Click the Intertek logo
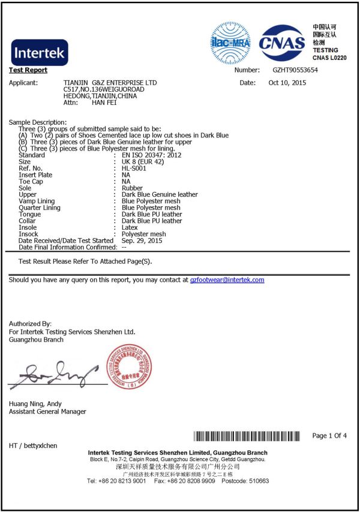click(x=40, y=53)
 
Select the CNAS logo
click(x=282, y=42)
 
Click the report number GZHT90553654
click(x=296, y=70)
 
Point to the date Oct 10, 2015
click(x=287, y=82)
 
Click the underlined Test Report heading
click(x=28, y=70)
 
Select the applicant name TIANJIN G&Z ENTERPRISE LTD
click(x=110, y=82)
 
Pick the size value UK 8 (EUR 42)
click(x=143, y=161)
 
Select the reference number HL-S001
click(x=134, y=168)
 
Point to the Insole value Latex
click(x=130, y=227)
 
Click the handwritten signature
click(x=54, y=372)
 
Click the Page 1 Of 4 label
click(x=329, y=435)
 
